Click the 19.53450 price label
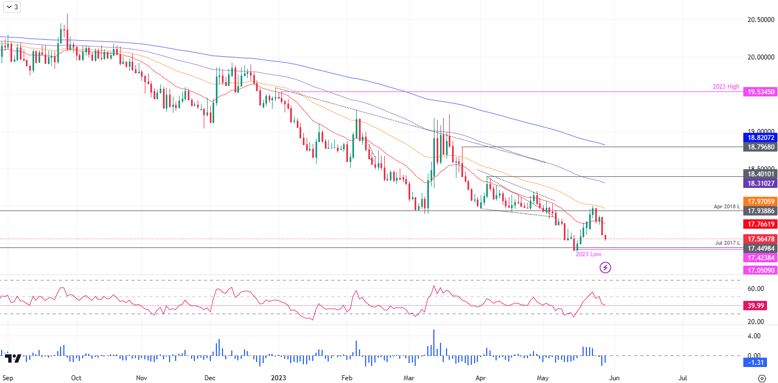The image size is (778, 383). (759, 92)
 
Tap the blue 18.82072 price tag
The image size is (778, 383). (759, 137)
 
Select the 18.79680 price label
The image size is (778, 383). (759, 147)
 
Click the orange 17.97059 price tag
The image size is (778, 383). (759, 201)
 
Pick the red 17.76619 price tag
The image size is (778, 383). (759, 224)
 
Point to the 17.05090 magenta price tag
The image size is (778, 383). (759, 270)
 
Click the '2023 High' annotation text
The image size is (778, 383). (725, 87)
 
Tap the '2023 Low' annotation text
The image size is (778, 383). (588, 254)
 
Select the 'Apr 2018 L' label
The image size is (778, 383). (725, 206)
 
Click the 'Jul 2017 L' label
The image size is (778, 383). (727, 243)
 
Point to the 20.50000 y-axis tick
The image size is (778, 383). (758, 20)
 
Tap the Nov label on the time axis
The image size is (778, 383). (142, 378)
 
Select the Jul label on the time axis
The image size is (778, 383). (683, 378)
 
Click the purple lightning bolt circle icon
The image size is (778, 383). (606, 268)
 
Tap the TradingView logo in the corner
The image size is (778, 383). (13, 358)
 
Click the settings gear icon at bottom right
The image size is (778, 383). (761, 378)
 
